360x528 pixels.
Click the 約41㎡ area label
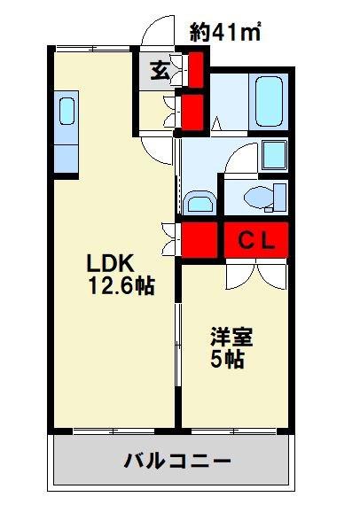coord(225,32)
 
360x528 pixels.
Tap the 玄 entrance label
coord(160,71)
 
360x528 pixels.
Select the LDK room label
coord(111,263)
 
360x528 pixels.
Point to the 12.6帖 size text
coord(121,286)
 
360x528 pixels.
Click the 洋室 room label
coord(231,337)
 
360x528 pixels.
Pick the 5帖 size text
coord(227,360)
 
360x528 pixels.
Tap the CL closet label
coord(256,240)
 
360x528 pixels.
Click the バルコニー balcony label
coord(177,461)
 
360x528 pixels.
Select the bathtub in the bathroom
coord(269,102)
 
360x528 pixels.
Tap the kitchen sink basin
coord(67,111)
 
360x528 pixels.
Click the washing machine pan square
coord(274,154)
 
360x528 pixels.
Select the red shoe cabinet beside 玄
coord(195,69)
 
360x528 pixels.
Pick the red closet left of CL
coord(200,240)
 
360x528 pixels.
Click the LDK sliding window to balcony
coord(113,431)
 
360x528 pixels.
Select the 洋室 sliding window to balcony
coord(234,431)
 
